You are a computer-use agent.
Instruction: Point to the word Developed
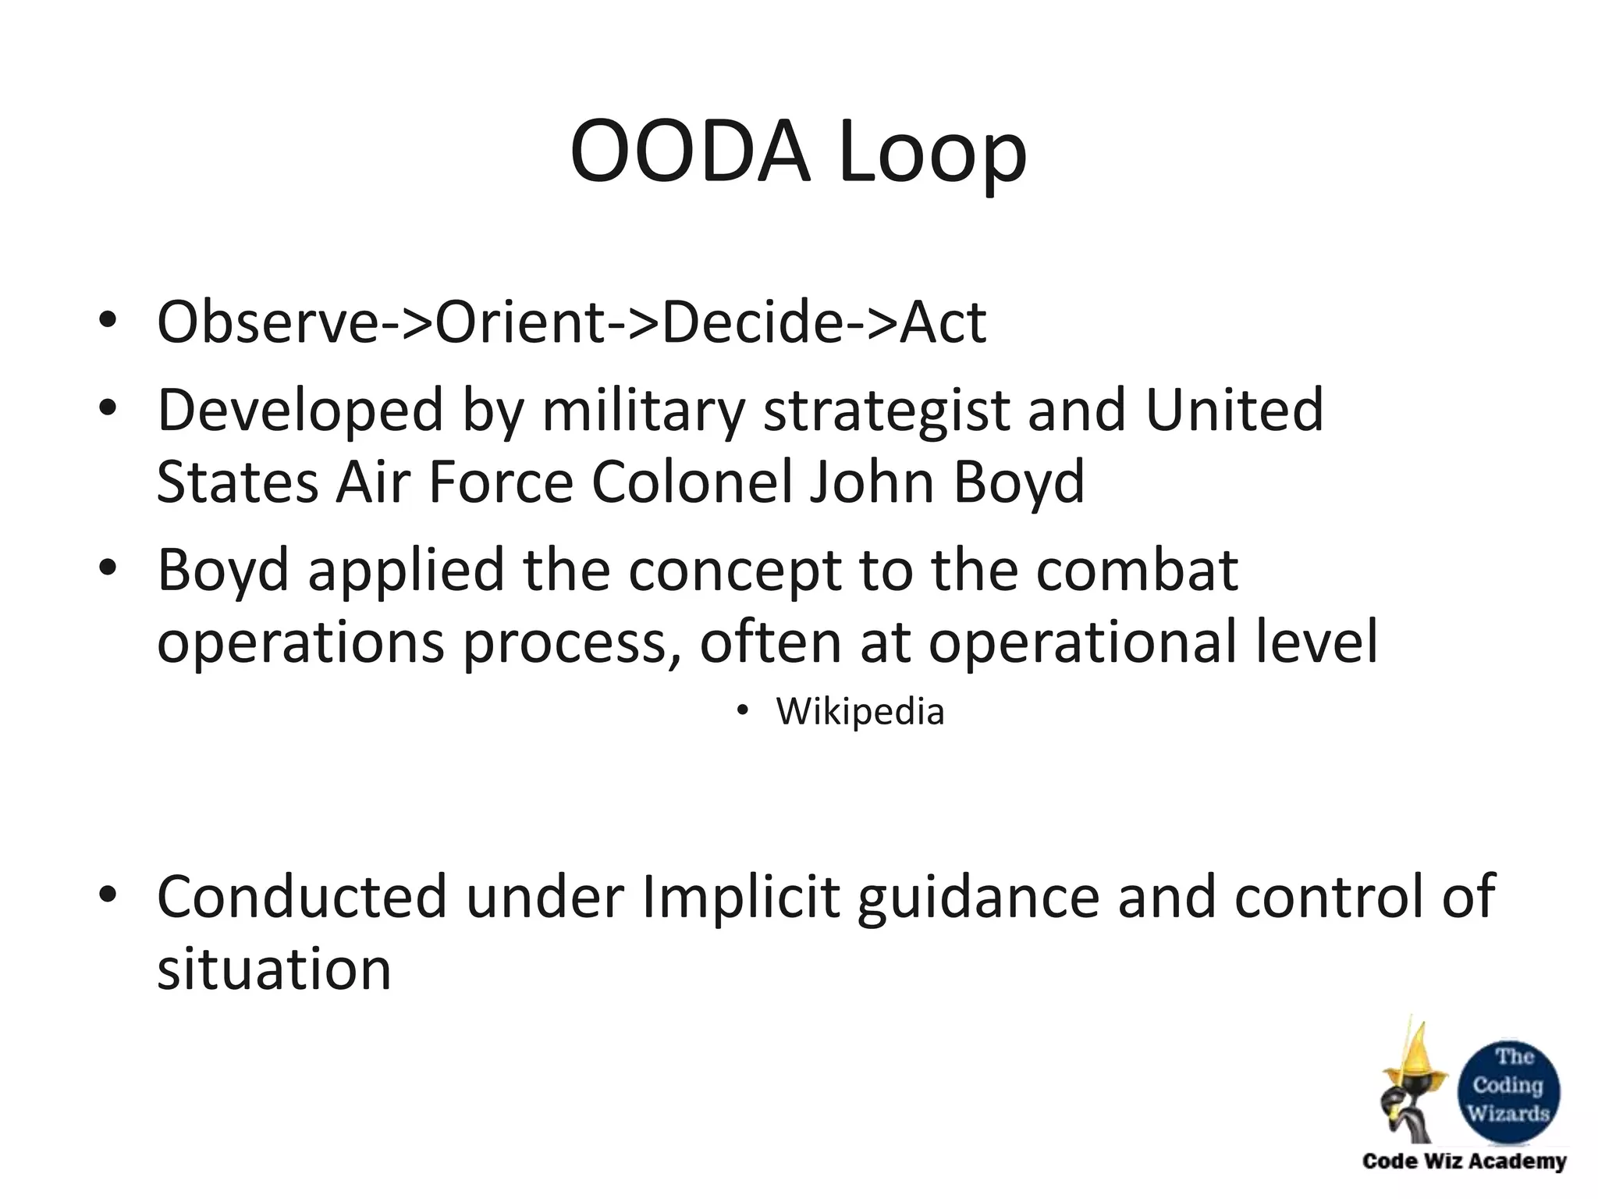click(300, 412)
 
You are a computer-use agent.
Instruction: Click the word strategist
click(886, 412)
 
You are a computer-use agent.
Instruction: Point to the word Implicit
click(740, 898)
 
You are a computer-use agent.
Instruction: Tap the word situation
click(274, 969)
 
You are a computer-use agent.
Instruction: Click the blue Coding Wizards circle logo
click(1509, 1085)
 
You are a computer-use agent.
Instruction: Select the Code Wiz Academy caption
click(1464, 1162)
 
